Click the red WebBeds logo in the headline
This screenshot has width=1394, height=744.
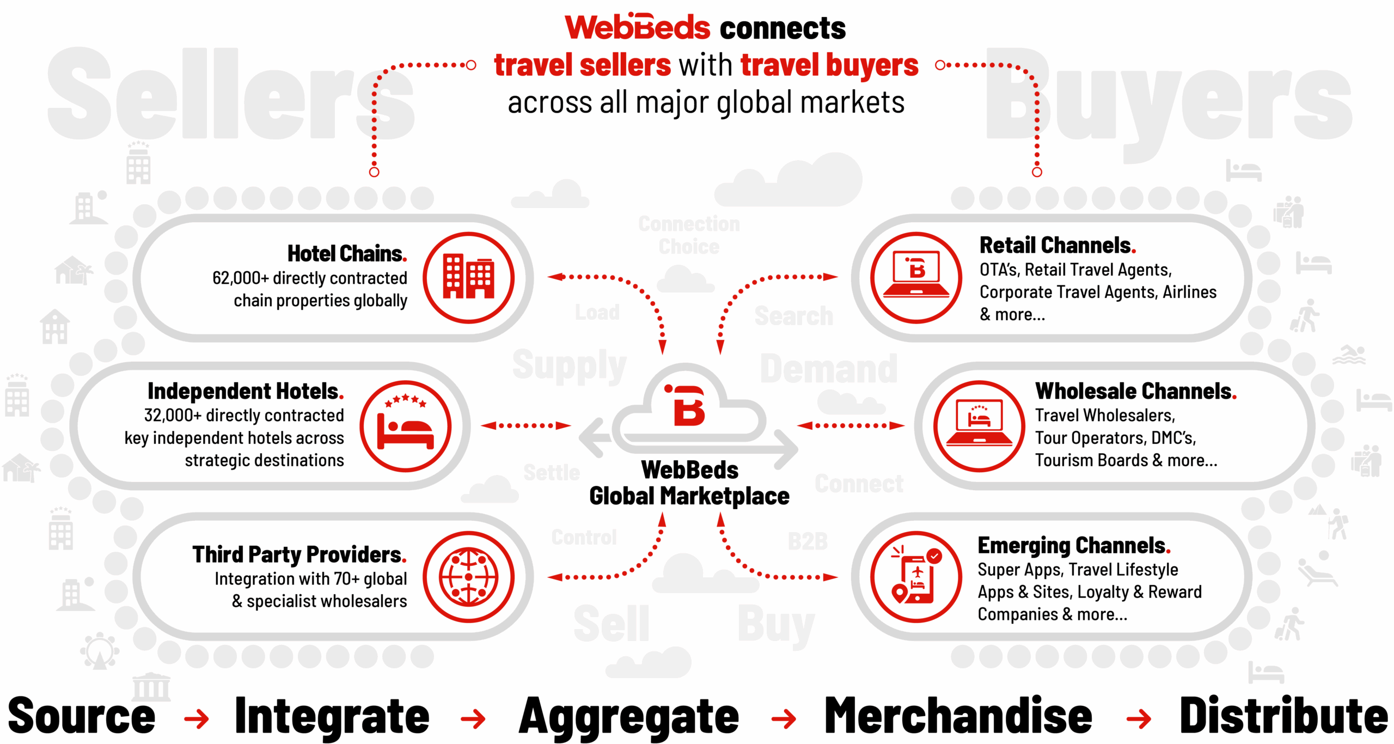637,27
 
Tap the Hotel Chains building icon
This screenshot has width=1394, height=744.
468,277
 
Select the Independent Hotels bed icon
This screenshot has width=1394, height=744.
406,426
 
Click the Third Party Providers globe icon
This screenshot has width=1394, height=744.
468,577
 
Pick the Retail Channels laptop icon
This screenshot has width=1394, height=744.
916,277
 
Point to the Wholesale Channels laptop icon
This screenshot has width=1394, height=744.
979,426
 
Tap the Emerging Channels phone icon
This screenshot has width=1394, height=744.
916,577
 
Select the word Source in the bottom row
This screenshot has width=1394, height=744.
82,716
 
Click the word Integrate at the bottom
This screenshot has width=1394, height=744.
332,716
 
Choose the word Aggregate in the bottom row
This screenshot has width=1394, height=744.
628,716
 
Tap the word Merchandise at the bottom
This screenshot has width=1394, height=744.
958,716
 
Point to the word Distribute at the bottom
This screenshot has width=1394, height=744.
1283,716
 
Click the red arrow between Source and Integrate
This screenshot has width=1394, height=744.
197,719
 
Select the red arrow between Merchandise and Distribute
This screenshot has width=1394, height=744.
1139,719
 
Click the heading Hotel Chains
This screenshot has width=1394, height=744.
346,254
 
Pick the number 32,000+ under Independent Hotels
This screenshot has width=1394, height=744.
172,416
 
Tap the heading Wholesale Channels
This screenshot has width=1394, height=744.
1135,391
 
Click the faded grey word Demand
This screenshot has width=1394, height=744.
828,369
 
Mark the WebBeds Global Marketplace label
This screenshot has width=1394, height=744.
689,483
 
